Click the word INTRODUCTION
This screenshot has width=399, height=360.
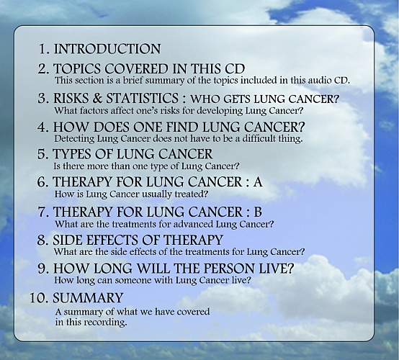(107, 48)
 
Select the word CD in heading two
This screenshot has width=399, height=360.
(235, 68)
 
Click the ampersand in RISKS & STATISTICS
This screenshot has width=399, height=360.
(97, 98)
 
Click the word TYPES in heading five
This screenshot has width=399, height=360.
(71, 154)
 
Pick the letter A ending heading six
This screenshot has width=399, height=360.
(258, 181)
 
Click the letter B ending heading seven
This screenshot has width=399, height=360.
(258, 212)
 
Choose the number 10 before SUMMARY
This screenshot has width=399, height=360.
(39, 297)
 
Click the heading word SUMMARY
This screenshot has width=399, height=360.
(88, 297)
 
